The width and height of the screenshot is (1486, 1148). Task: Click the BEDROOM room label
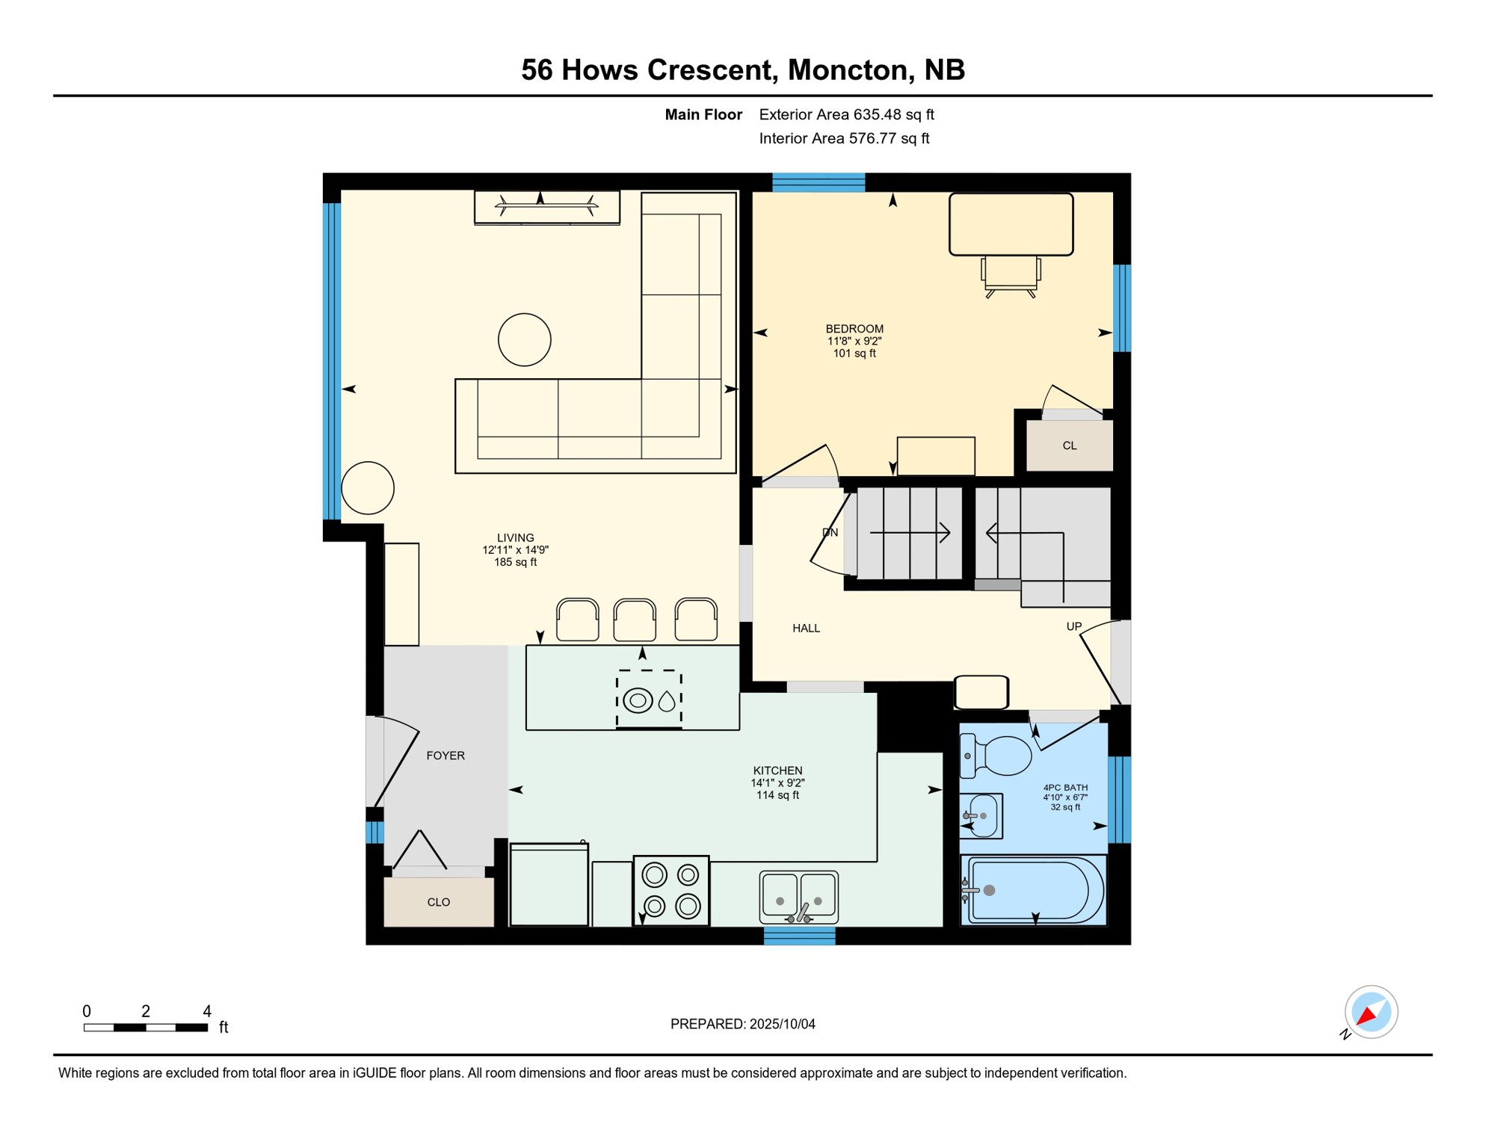pos(854,329)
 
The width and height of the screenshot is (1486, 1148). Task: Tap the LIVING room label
pos(516,537)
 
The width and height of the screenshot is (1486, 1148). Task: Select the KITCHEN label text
pos(777,771)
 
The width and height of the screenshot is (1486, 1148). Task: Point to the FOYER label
pos(446,756)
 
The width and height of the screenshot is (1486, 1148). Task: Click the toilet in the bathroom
pos(996,755)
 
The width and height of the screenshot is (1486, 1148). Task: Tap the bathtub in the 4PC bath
pos(1034,890)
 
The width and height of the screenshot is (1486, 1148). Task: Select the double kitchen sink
pos(799,897)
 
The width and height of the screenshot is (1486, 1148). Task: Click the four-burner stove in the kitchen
pos(671,891)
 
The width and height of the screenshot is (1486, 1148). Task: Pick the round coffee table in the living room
pos(525,339)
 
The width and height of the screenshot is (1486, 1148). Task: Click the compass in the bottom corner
pos(1371,1012)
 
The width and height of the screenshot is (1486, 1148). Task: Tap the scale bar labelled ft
pos(146,1028)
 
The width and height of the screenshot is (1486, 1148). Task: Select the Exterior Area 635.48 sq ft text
pos(846,114)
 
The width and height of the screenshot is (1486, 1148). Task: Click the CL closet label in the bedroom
pos(1070,445)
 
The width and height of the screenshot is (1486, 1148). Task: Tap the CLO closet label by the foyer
pos(439,902)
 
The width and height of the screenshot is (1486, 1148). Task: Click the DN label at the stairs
pos(830,532)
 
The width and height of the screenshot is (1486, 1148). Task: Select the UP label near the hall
pos(1073,626)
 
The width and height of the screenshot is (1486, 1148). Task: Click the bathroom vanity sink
pos(981,815)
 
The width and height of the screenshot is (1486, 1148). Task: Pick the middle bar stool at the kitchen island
pos(635,620)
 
